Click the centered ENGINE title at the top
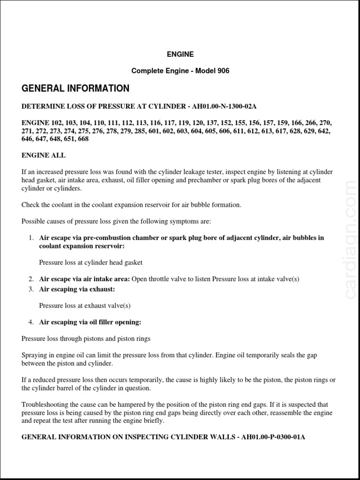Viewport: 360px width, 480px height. [180, 54]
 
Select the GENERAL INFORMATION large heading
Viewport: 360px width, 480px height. [75, 89]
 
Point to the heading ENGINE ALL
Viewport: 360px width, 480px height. [44, 155]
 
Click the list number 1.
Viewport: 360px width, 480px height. [30, 238]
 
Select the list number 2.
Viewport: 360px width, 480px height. [30, 279]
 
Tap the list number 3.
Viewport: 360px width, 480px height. [30, 289]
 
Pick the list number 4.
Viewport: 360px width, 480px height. [30, 322]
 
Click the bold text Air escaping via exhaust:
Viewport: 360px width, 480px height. [77, 289]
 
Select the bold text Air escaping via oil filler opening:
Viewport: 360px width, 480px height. [90, 322]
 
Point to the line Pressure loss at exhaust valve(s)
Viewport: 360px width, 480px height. [84, 306]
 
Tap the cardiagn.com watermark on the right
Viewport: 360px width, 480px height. [351, 239]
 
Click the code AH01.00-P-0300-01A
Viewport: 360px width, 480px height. [273, 437]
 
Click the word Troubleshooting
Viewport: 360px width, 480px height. [45, 404]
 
